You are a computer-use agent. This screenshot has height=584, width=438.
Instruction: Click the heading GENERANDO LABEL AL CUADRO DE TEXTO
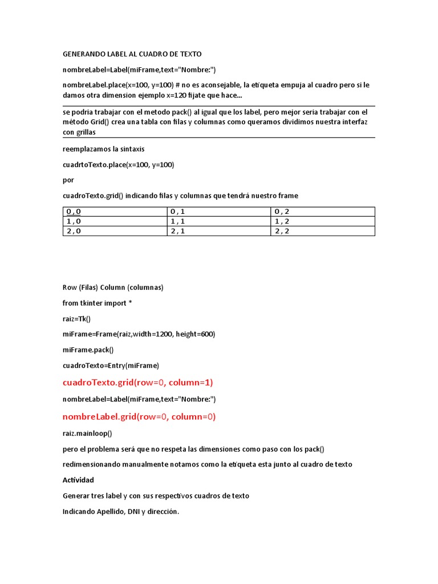point(132,54)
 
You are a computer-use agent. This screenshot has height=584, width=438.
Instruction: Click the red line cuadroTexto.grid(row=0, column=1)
point(137,382)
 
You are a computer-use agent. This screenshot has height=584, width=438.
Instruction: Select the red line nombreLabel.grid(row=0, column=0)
point(139,416)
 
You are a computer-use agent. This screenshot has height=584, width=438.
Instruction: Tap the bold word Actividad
point(78,480)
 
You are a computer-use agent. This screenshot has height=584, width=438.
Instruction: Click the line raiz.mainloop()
point(87,433)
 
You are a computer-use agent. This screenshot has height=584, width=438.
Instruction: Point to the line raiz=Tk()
point(76,319)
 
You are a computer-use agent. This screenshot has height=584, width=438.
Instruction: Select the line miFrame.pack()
point(88,350)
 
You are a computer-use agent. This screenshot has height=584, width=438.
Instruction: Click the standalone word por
point(68,180)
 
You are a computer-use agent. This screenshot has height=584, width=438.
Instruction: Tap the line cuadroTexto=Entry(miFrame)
point(111,365)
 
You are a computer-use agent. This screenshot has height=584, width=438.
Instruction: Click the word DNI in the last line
point(125,512)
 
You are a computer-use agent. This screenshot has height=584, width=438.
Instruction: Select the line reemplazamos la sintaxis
point(103,149)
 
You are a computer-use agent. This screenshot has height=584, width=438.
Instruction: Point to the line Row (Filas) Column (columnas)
point(113,287)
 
